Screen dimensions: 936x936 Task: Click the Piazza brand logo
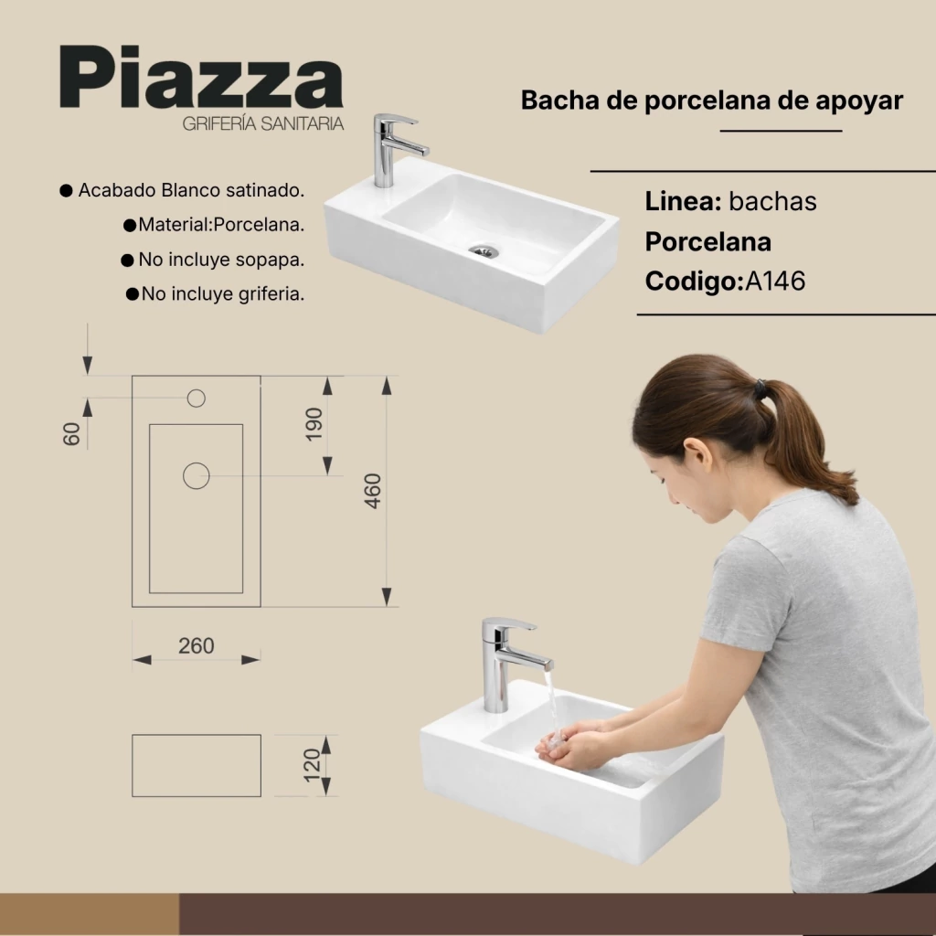point(202,78)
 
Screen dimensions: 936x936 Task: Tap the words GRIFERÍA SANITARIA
point(263,123)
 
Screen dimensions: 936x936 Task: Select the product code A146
point(775,281)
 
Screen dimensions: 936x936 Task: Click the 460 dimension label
point(373,491)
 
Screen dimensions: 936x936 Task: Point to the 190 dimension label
point(314,424)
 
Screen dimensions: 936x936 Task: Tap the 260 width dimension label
point(196,646)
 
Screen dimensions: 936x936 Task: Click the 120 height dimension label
point(313,765)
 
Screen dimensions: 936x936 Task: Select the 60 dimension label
point(71,434)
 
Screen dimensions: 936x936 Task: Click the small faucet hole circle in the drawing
point(197,399)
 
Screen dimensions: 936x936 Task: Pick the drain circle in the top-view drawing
point(197,475)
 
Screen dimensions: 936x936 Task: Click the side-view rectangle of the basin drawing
point(197,765)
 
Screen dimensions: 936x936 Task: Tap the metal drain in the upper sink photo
point(484,251)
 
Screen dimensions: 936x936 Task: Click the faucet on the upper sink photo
point(395,149)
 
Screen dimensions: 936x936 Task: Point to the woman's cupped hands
point(565,744)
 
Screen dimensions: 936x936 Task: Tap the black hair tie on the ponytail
point(760,388)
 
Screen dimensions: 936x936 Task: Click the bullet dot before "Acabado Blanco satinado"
point(66,190)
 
